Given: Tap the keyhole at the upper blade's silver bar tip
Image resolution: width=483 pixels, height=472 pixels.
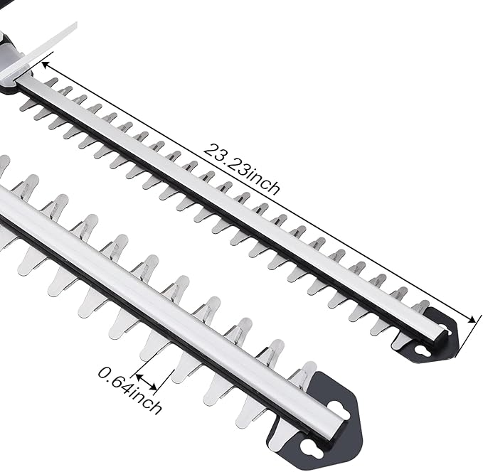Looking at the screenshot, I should [446, 328].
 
